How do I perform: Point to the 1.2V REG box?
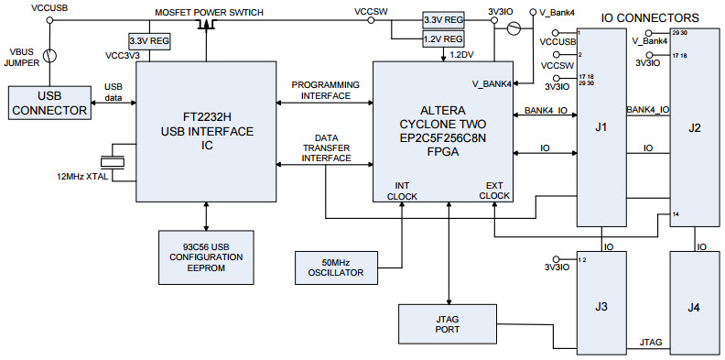(x=443, y=38)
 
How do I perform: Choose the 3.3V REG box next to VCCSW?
(x=443, y=19)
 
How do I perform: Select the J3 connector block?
(x=600, y=306)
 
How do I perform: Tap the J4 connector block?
(x=694, y=306)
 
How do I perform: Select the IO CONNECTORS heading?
(x=649, y=17)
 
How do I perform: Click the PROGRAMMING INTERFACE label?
(x=325, y=90)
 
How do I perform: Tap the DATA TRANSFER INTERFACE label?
(x=325, y=147)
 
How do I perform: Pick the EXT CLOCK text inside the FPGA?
(x=494, y=189)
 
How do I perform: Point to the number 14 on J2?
(x=676, y=214)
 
